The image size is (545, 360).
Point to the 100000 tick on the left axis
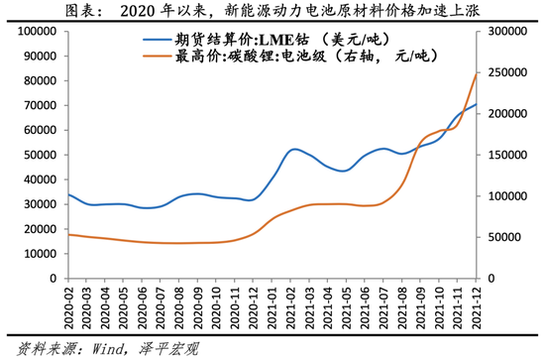[x=33, y=31]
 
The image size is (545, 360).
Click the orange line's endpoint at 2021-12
[x=477, y=72]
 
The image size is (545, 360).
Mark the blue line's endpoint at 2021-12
[x=477, y=104]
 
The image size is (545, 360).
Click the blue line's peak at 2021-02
[x=295, y=149]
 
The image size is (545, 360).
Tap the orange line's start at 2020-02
[x=67, y=234]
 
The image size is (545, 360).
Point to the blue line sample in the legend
[x=159, y=41]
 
